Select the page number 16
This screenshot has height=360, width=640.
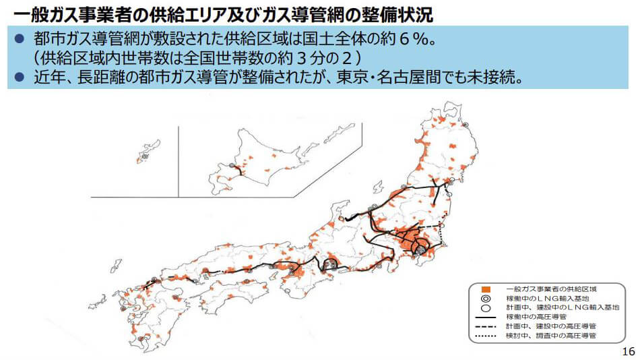(629, 351)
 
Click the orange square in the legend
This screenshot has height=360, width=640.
(486, 289)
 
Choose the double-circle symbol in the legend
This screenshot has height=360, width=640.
(486, 298)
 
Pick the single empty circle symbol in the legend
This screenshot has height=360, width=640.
(486, 307)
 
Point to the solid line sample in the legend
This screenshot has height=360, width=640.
(486, 316)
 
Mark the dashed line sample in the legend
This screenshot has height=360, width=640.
(486, 326)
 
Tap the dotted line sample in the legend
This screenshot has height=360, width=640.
(486, 335)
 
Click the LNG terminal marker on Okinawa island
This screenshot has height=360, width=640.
(144, 156)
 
